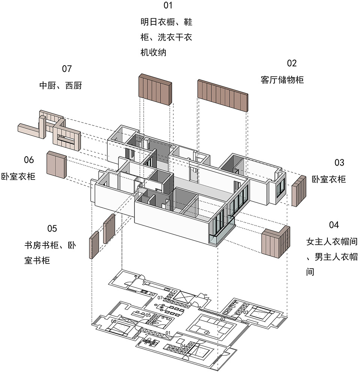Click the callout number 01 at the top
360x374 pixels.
click(168, 5)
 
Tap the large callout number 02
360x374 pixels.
click(292, 63)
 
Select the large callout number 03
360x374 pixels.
click(339, 163)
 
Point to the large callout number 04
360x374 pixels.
click(334, 225)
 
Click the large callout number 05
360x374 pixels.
click(52, 229)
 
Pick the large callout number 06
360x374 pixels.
click(29, 160)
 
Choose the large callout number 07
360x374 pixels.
click(67, 69)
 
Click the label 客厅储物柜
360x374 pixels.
click(282, 80)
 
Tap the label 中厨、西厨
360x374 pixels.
click(61, 85)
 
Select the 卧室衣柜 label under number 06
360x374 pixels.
click(18, 177)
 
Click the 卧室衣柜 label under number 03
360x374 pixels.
click(329, 180)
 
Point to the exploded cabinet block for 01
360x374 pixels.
click(155, 90)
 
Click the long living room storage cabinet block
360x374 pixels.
click(223, 96)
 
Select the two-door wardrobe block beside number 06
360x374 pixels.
click(57, 165)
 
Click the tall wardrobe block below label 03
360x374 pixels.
click(299, 191)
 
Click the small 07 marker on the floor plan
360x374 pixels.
click(160, 298)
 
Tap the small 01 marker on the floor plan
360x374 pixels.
click(168, 333)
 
